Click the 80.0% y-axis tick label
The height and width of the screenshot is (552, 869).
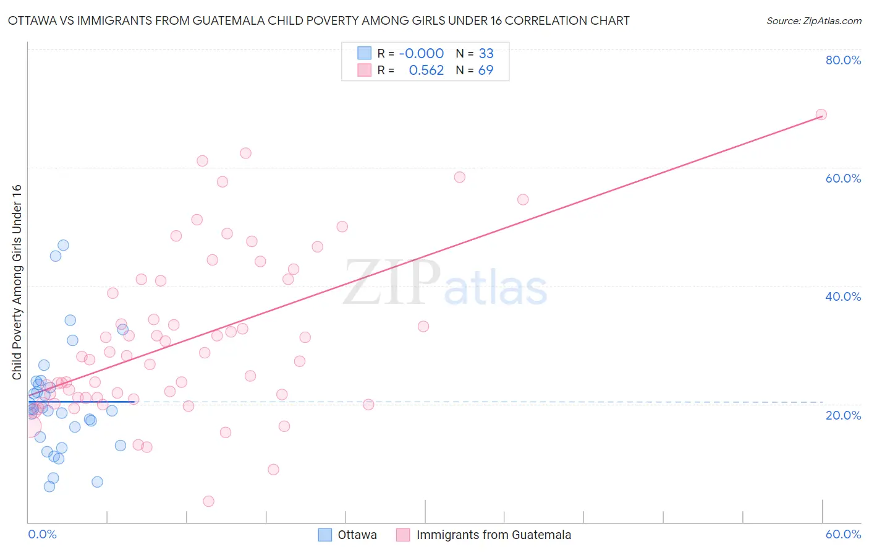tap(843, 60)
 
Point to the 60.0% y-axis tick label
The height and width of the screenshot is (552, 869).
tap(843, 178)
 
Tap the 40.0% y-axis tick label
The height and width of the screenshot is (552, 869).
tap(843, 296)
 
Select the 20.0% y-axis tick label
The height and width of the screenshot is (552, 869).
tap(843, 415)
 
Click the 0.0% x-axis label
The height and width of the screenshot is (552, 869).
tap(42, 534)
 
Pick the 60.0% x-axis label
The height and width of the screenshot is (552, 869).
tap(843, 534)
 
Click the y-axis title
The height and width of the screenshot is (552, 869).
tap(17, 282)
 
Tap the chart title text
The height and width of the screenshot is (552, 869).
tap(318, 20)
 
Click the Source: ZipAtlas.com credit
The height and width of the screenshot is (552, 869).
tap(813, 20)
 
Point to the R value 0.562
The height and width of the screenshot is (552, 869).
tap(426, 71)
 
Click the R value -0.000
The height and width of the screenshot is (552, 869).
tap(422, 54)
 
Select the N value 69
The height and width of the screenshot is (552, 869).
tap(486, 71)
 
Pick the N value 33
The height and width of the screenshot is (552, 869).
tap(486, 54)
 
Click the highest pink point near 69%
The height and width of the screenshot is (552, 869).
tap(821, 114)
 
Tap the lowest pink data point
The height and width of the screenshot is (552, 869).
tap(209, 501)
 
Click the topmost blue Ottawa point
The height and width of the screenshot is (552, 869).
tap(63, 245)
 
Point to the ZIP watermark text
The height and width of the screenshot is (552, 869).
tap(392, 283)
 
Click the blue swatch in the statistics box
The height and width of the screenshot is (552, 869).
tap(365, 53)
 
